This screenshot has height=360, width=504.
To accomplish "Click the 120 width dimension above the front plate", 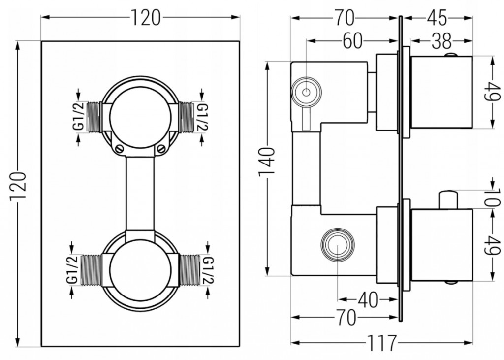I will click(146, 18).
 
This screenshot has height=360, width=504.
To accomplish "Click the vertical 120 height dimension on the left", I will click(19, 192).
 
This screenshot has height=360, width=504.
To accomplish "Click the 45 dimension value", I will click(437, 18).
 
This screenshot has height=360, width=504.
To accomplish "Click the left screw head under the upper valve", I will click(120, 147).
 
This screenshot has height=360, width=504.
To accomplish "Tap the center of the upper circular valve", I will click(140, 117).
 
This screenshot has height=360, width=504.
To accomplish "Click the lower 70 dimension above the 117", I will click(347, 319).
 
